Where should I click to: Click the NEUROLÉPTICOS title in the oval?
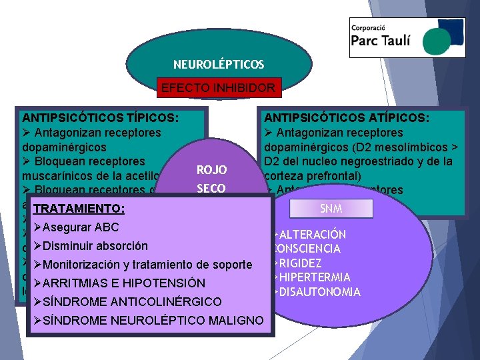pos(219,65)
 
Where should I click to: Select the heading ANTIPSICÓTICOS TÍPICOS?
pos(100,118)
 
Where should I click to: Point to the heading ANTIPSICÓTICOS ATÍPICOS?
pos(347,118)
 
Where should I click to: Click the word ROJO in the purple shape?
pos(212,170)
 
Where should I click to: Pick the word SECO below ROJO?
pos(212,189)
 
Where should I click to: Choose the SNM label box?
pos(331,209)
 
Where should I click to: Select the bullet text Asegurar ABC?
pos(81,227)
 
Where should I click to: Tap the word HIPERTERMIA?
pos(313,277)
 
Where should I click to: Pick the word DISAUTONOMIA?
pos(320,292)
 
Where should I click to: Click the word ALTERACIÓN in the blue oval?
pos(312,235)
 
